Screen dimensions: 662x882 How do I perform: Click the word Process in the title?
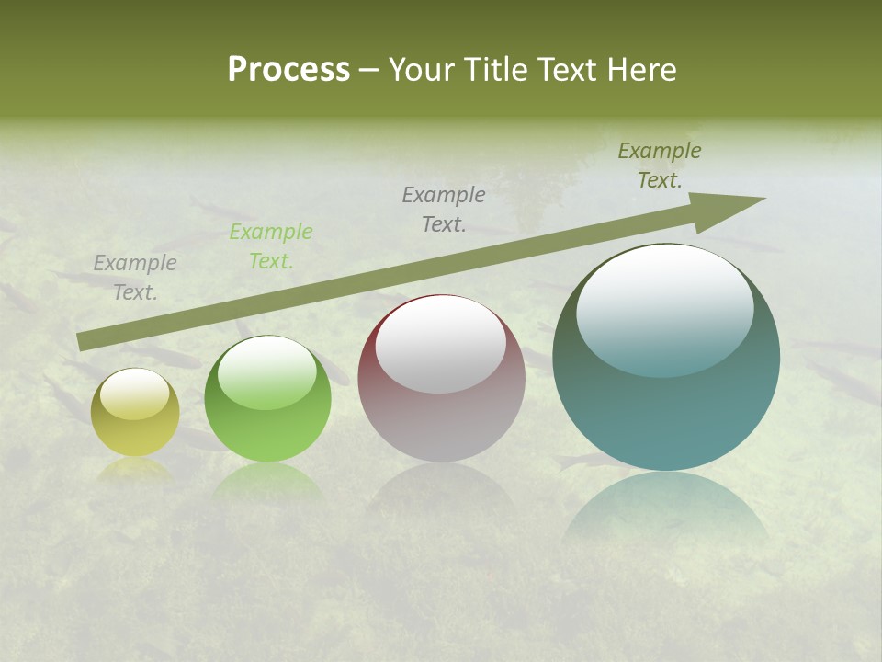[x=288, y=70]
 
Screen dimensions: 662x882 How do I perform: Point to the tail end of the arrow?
[x=81, y=341]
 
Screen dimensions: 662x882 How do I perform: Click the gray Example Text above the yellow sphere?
[x=135, y=278]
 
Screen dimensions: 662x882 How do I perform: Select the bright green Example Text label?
[x=271, y=246]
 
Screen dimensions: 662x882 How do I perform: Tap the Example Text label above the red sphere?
[x=444, y=210]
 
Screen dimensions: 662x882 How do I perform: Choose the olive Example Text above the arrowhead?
[x=660, y=165]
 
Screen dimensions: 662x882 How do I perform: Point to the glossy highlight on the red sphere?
[x=441, y=345]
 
